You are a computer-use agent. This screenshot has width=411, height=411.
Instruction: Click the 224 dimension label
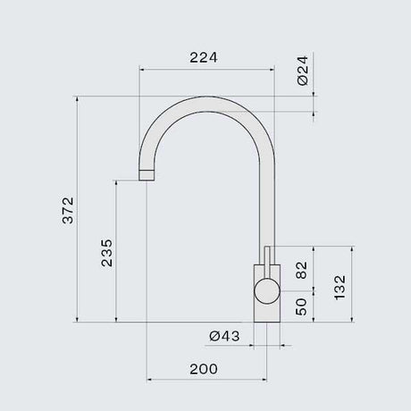[x=204, y=57]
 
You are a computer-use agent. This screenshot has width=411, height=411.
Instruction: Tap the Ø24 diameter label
[x=303, y=71]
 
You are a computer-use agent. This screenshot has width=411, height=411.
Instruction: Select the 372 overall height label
[x=68, y=210]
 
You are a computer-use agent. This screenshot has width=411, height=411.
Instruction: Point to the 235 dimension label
[x=106, y=253]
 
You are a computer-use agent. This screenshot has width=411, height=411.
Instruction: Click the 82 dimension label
[x=301, y=270]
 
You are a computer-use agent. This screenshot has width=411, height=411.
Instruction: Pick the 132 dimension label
[x=340, y=288]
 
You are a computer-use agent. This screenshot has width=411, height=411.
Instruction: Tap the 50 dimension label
[x=301, y=306]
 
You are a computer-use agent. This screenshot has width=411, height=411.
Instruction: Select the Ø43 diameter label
[x=224, y=336]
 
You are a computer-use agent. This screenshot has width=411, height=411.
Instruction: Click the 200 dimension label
[x=204, y=369]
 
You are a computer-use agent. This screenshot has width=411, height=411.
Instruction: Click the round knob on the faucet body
[x=267, y=291]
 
